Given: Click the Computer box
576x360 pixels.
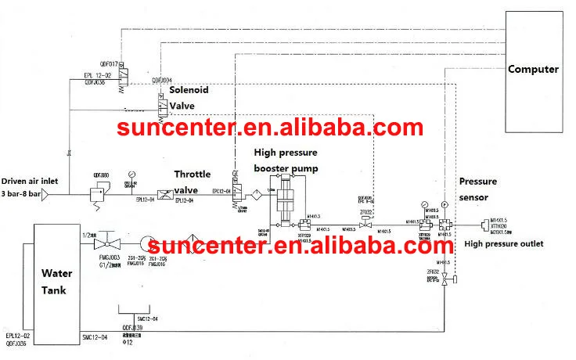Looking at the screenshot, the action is pyautogui.click(x=534, y=70).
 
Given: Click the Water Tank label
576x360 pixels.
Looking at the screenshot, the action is pyautogui.click(x=56, y=283).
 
